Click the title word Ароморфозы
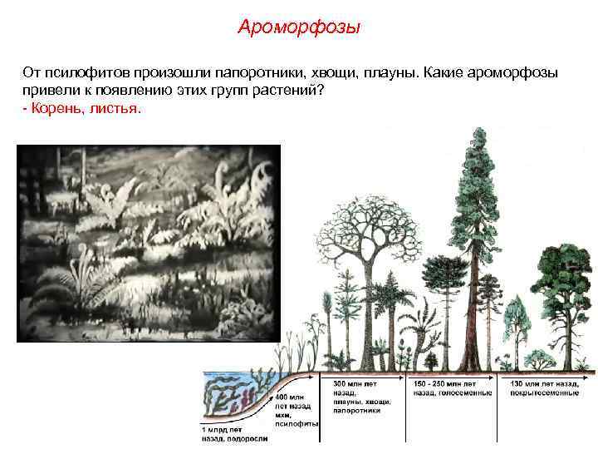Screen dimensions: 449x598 pyautogui.click(x=299, y=28)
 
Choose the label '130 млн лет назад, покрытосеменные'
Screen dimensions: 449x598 pyautogui.click(x=544, y=386)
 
